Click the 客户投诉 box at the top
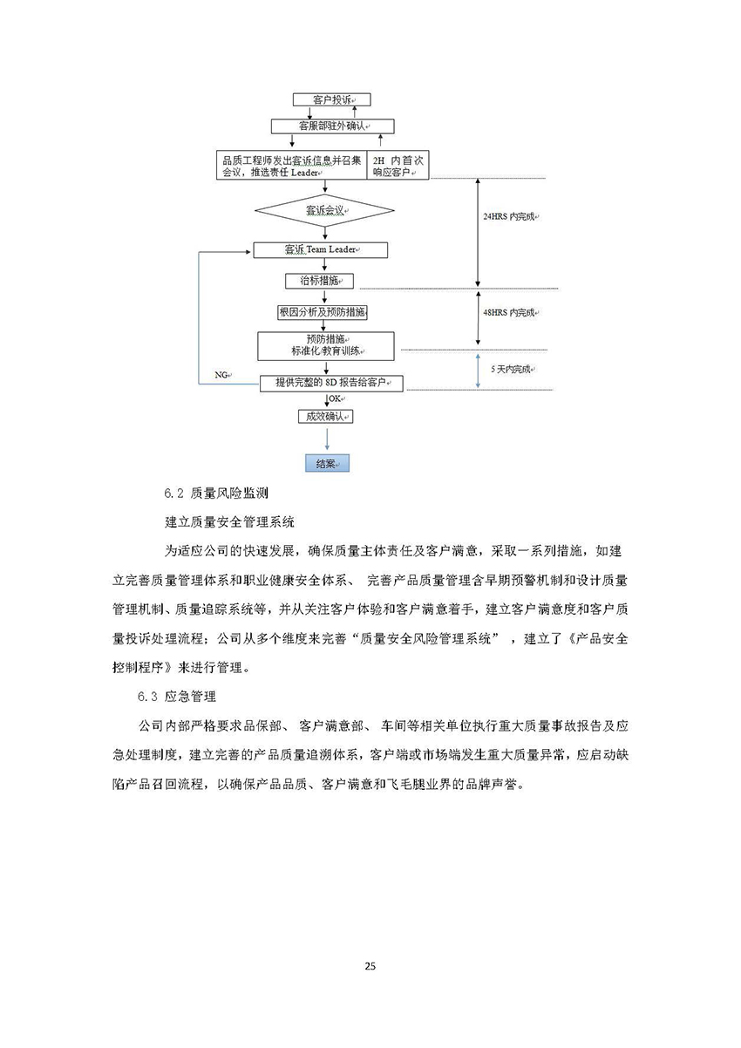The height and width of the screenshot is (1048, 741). point(324,100)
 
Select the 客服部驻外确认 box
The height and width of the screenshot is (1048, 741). point(324,126)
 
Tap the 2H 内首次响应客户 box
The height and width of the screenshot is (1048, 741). point(399,166)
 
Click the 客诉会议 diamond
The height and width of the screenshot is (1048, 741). point(324,211)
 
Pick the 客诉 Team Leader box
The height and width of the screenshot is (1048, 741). point(320,250)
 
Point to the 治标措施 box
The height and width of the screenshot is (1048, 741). point(320,281)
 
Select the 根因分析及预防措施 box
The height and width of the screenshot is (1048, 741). point(322,311)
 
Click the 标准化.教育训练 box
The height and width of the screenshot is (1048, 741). point(325,345)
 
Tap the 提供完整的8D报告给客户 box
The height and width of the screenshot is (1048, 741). point(332,383)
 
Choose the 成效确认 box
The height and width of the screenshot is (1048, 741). point(325,417)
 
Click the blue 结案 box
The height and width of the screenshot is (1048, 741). point(327,464)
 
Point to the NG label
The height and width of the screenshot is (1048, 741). point(221,375)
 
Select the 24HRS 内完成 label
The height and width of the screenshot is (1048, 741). point(509,215)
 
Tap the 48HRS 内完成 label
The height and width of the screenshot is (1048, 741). point(509,312)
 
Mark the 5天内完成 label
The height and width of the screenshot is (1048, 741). point(511,370)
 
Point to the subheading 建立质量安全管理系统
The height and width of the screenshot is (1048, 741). point(229,523)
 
